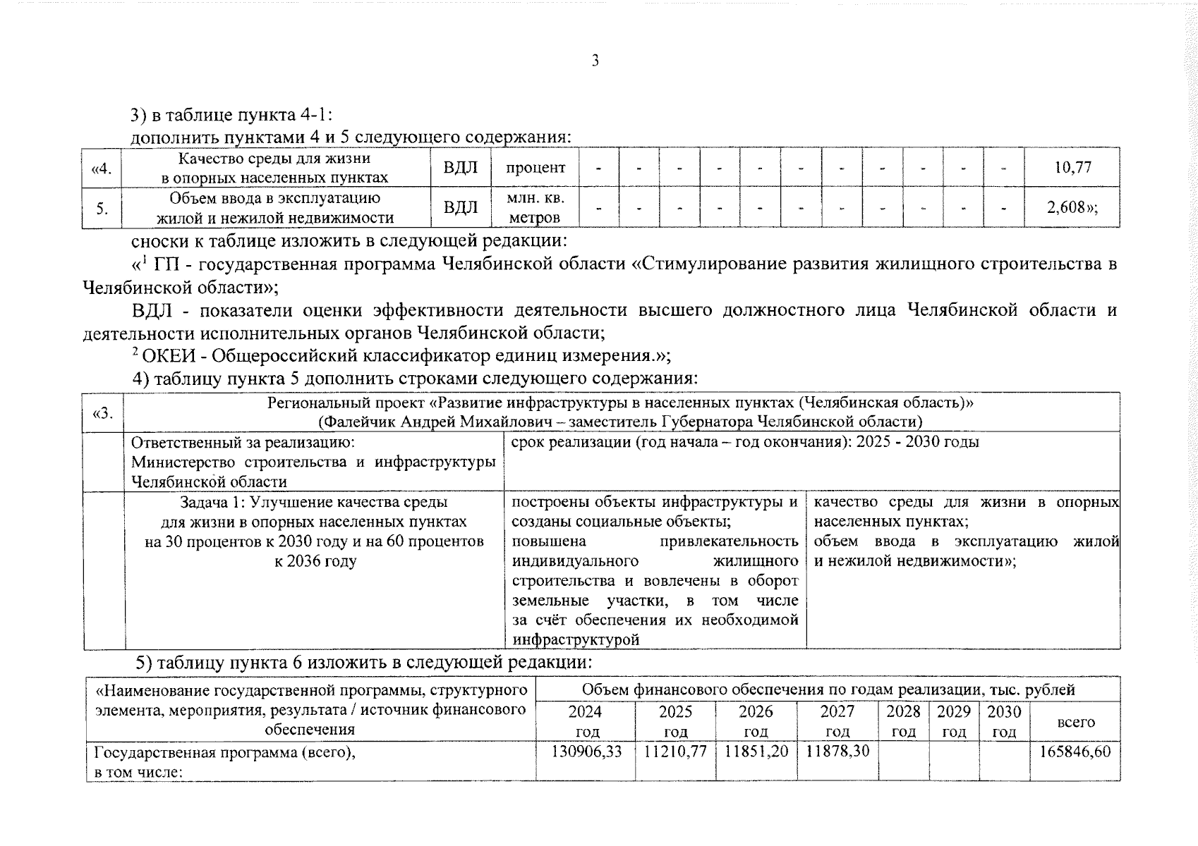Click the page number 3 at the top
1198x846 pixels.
(595, 61)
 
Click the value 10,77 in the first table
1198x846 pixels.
(1072, 167)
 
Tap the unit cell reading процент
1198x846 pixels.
(536, 168)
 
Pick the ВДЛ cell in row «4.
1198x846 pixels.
(461, 168)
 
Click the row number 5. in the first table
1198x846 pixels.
(102, 208)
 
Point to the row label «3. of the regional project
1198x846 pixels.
(103, 412)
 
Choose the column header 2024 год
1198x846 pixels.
(585, 721)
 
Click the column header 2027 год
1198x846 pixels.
(837, 721)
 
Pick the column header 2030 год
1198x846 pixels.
(1004, 721)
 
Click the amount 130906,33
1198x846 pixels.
(586, 752)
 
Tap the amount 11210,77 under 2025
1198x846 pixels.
(675, 752)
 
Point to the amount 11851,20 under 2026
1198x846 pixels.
(756, 752)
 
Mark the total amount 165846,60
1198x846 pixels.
(1075, 752)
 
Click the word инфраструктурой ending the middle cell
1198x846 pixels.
(576, 640)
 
